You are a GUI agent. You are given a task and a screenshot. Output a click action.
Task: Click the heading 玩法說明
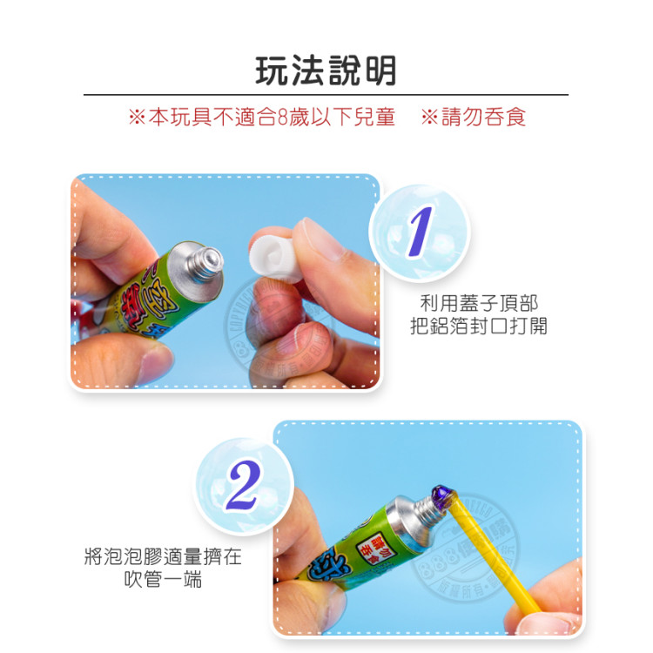pyautogui.click(x=326, y=71)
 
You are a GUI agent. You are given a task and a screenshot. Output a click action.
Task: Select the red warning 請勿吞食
pyautogui.click(x=483, y=117)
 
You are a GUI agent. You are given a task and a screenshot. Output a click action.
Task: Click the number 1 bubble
pyautogui.click(x=419, y=231)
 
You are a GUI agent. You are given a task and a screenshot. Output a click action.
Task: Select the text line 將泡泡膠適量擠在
pyautogui.click(x=163, y=555)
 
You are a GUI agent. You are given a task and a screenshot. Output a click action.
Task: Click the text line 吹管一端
pyautogui.click(x=163, y=579)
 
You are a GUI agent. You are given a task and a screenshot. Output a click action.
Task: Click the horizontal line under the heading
pyautogui.click(x=326, y=94)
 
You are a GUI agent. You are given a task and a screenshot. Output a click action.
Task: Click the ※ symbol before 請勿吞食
pyautogui.click(x=429, y=117)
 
